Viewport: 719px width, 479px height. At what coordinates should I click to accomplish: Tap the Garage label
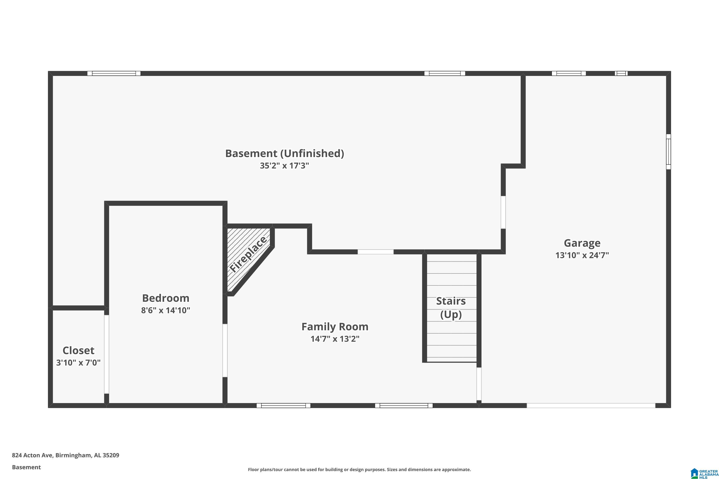[582, 243]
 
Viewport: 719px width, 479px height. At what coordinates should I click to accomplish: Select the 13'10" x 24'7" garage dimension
[582, 255]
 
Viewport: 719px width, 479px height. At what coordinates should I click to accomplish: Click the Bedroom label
[166, 298]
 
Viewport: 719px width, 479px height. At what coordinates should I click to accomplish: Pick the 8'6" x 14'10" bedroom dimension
[166, 310]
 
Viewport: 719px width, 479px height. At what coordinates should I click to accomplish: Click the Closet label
[79, 350]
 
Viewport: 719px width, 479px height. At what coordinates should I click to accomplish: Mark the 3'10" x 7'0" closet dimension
[79, 363]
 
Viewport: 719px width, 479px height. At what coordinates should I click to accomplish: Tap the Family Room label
[335, 327]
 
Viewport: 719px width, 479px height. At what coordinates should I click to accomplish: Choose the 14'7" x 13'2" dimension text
[335, 339]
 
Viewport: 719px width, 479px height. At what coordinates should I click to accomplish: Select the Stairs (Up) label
[451, 308]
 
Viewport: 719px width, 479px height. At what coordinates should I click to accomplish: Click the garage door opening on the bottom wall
[591, 406]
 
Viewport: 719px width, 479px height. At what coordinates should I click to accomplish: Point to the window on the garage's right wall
[669, 152]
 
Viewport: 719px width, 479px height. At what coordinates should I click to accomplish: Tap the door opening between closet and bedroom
[107, 354]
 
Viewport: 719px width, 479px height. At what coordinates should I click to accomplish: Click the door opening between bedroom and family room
[225, 350]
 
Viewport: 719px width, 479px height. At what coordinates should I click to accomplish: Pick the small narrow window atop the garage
[621, 73]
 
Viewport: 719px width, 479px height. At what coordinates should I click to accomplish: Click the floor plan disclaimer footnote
[359, 469]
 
